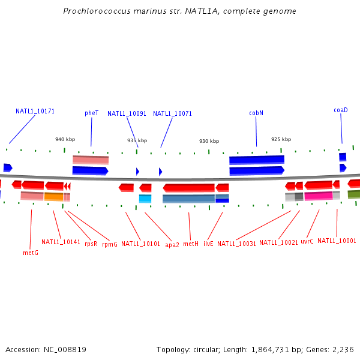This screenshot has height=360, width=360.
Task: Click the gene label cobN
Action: click(x=256, y=113)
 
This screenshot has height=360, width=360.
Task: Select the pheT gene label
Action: click(x=91, y=113)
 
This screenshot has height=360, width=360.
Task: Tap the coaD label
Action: click(x=341, y=110)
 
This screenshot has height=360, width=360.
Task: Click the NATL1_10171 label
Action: click(x=35, y=111)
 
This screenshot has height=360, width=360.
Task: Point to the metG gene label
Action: click(x=31, y=253)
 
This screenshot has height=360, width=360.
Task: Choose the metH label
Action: click(x=190, y=244)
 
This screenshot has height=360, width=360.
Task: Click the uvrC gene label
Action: click(x=307, y=241)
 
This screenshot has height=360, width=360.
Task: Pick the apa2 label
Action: click(x=172, y=245)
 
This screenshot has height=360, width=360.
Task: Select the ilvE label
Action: click(x=208, y=244)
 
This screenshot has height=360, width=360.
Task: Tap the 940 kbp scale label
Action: click(x=65, y=139)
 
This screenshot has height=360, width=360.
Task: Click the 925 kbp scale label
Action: click(x=281, y=139)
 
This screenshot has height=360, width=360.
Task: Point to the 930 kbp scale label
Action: click(x=209, y=141)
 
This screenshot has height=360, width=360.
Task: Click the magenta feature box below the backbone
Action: click(x=318, y=196)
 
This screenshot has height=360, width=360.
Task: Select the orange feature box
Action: click(x=53, y=197)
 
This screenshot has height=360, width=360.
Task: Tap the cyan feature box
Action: click(x=145, y=199)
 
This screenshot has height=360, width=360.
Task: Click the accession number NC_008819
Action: click(x=64, y=349)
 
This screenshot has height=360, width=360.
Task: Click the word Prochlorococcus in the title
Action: click(x=92, y=11)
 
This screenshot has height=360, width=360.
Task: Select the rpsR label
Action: click(x=91, y=244)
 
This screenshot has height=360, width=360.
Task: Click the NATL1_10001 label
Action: click(x=337, y=241)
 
